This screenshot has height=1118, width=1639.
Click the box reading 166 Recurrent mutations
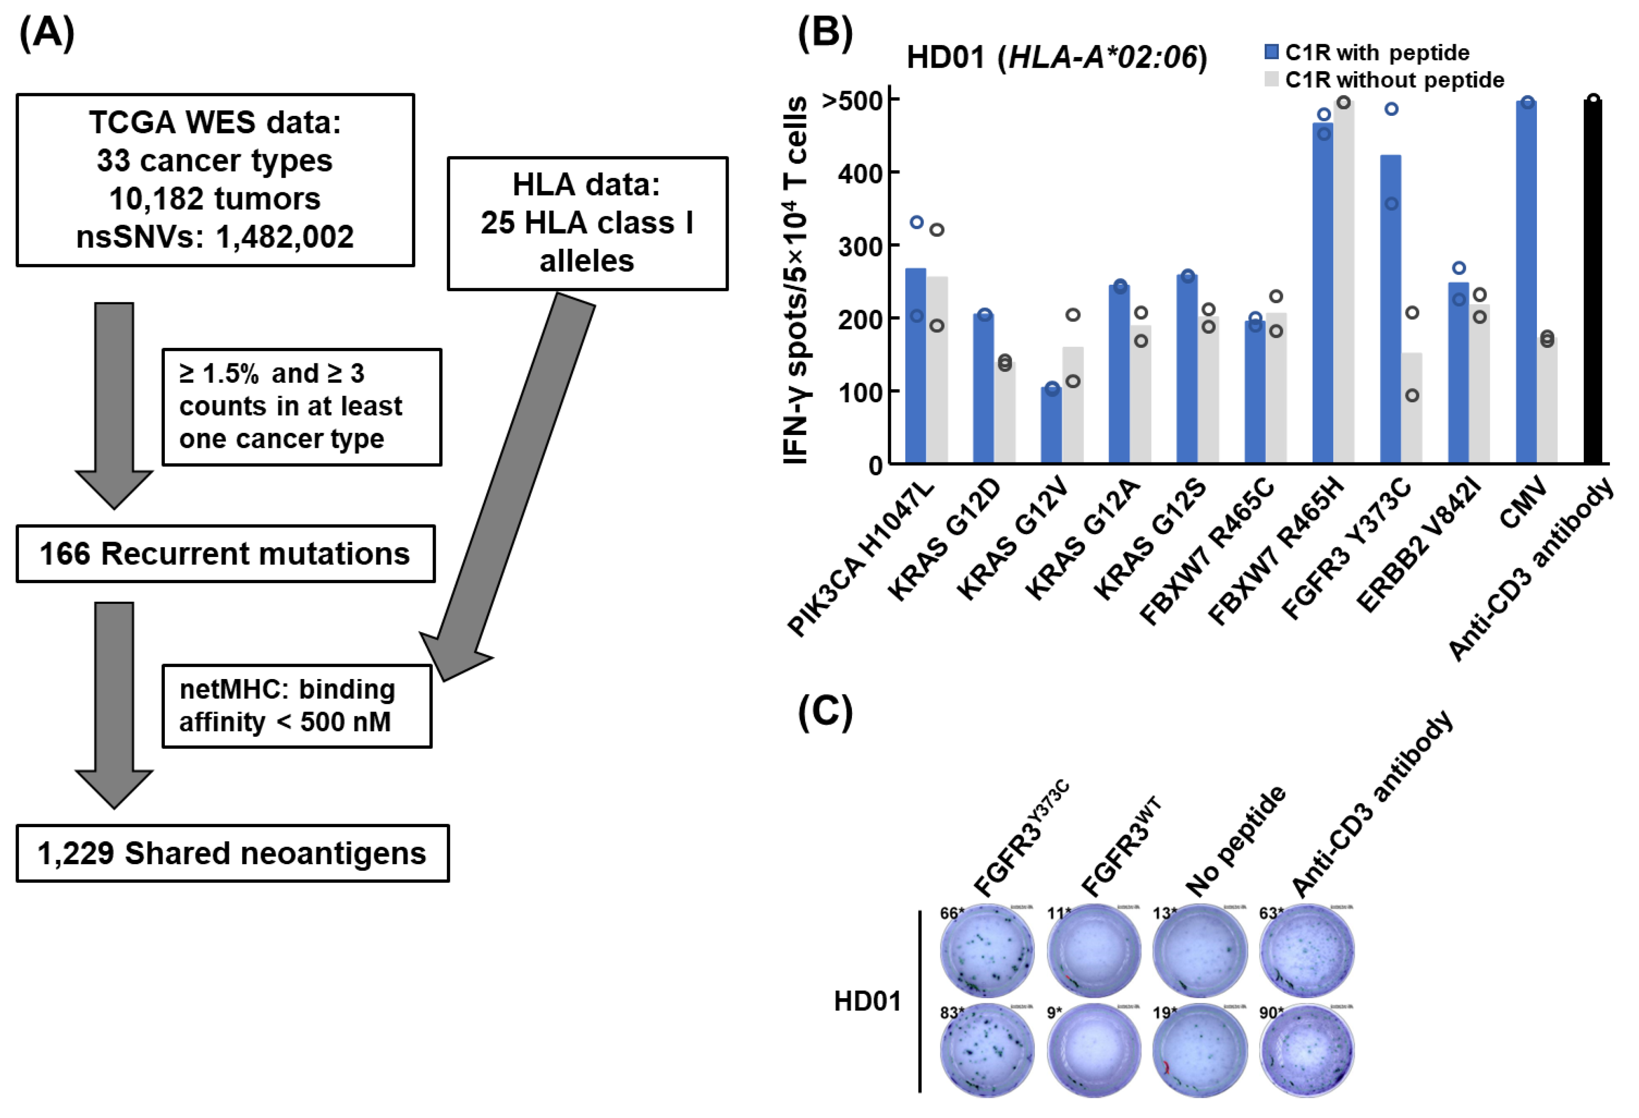pos(225,554)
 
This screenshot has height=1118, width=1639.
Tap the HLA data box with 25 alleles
pos(587,223)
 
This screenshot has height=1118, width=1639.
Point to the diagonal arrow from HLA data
pos(515,480)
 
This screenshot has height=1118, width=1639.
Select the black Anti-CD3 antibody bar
pos(1593,282)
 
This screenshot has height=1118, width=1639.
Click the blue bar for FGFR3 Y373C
pos(1391,310)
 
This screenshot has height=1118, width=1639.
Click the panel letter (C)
pos(825,713)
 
